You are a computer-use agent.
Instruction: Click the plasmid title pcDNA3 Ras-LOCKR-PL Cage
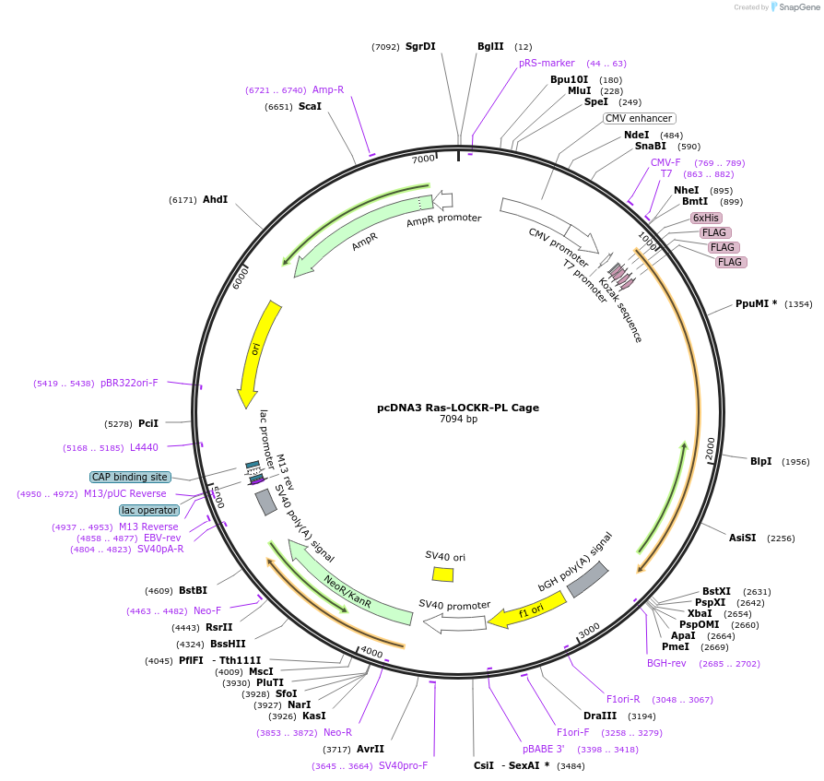click(458, 408)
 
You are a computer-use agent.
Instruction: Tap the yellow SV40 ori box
click(443, 574)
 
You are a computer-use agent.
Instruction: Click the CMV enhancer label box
click(640, 118)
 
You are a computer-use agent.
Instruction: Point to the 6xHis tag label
click(705, 218)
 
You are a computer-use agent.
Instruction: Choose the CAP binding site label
click(130, 477)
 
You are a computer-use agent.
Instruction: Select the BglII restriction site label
click(490, 46)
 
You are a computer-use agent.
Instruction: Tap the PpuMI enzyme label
click(756, 303)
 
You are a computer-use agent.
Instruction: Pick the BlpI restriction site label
click(760, 461)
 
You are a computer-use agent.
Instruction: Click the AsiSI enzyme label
click(742, 538)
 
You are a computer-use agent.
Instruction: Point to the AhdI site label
click(215, 199)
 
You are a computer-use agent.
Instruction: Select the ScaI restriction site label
click(310, 106)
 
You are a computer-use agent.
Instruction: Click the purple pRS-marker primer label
click(547, 63)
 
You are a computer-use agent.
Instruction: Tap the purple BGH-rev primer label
click(666, 662)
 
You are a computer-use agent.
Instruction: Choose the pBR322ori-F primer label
click(129, 383)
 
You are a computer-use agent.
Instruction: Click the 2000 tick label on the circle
click(710, 449)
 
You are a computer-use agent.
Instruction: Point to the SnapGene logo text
click(799, 7)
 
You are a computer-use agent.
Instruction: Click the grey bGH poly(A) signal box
click(587, 578)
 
